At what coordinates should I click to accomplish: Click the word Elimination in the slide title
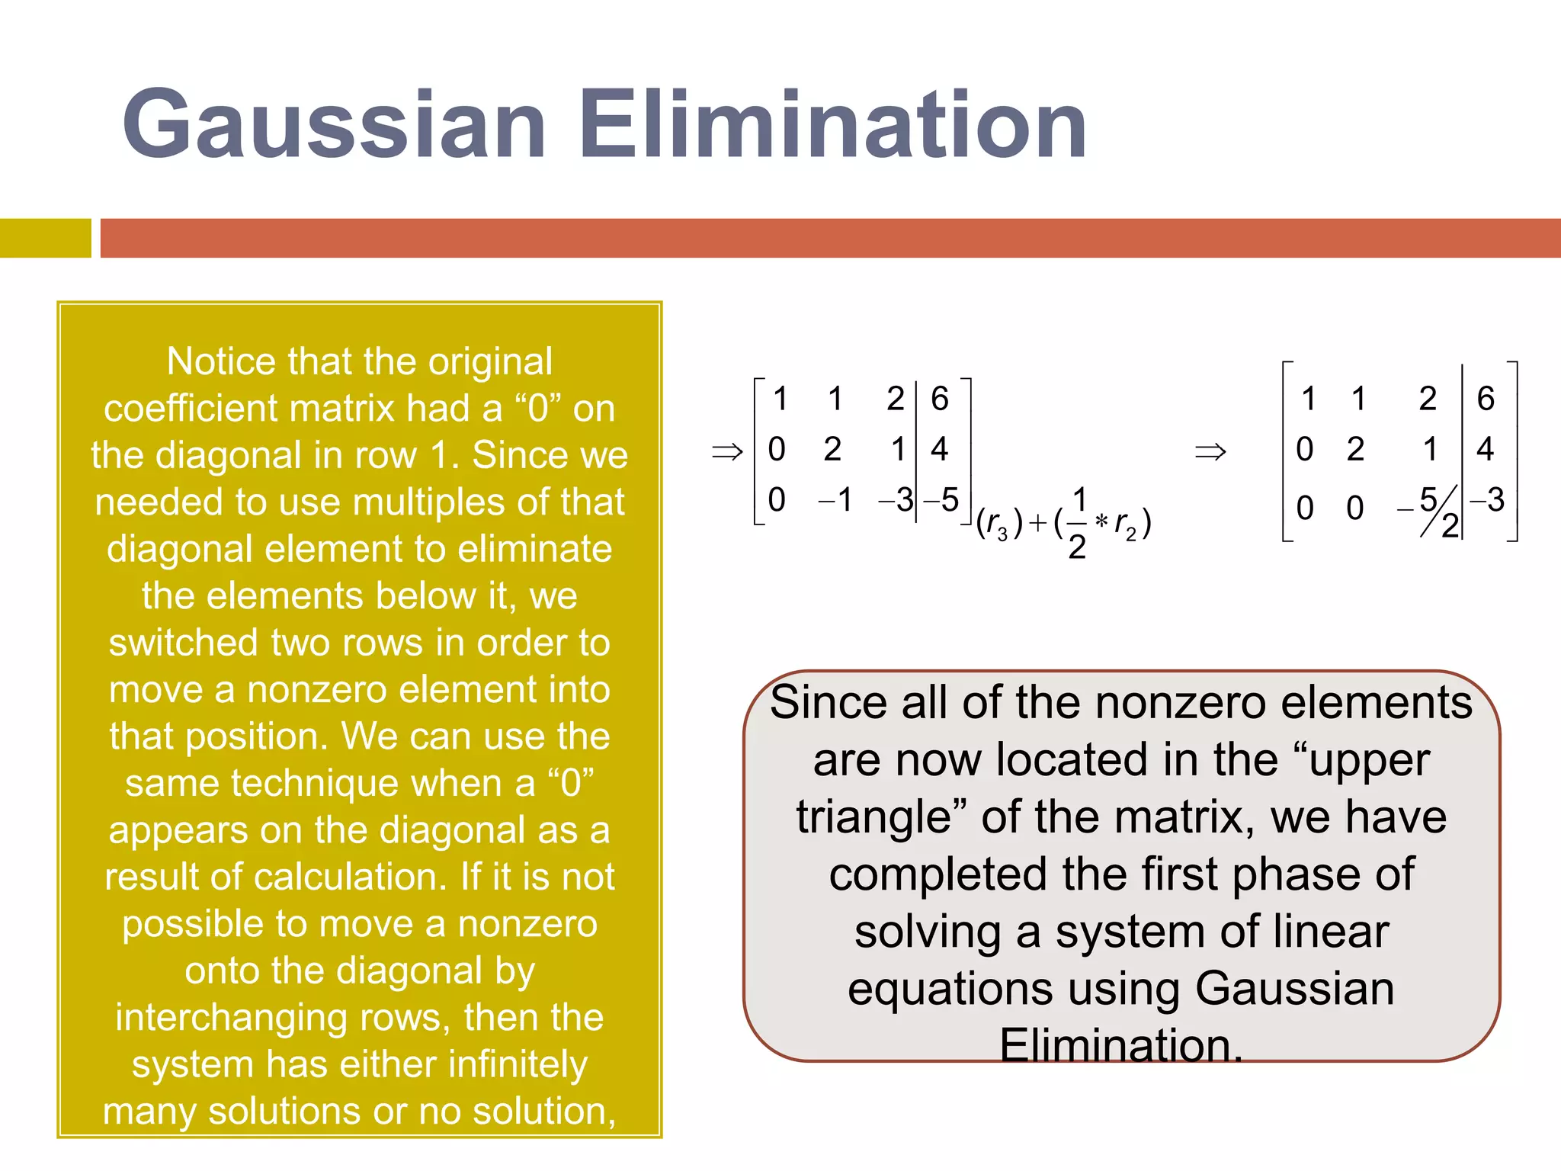832,126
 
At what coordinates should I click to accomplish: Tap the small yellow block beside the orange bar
45,238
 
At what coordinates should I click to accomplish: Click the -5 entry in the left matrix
942,501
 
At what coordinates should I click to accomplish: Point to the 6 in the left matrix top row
940,399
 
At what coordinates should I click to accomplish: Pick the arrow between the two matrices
1210,451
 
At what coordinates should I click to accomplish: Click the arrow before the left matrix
726,451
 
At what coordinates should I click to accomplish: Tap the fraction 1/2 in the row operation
1078,523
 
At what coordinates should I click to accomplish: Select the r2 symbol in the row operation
1125,525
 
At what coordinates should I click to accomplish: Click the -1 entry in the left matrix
835,501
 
